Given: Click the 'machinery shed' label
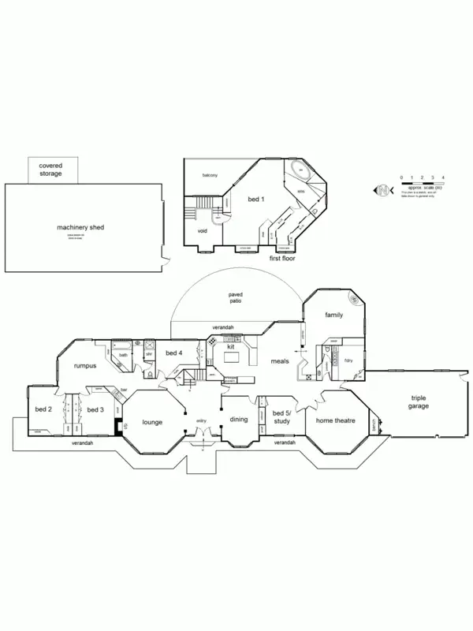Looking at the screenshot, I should [x=80, y=227].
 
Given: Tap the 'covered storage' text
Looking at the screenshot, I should [x=50, y=169].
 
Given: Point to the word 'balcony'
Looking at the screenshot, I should [x=210, y=174].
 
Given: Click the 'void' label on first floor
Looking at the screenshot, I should [x=202, y=231].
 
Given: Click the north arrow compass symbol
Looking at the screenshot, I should [x=382, y=191].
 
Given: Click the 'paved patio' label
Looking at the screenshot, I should [x=235, y=297].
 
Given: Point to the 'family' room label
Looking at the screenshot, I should [x=333, y=315].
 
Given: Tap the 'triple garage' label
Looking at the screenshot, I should [x=418, y=403].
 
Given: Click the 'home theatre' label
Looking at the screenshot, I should [x=336, y=420].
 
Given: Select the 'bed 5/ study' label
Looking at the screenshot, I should [x=281, y=416].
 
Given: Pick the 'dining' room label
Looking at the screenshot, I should [x=239, y=420].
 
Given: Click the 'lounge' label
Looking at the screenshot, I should [x=152, y=422].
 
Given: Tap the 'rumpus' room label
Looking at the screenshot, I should [x=84, y=366].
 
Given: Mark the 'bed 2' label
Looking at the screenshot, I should [x=43, y=409].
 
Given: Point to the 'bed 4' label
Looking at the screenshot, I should [x=174, y=353].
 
